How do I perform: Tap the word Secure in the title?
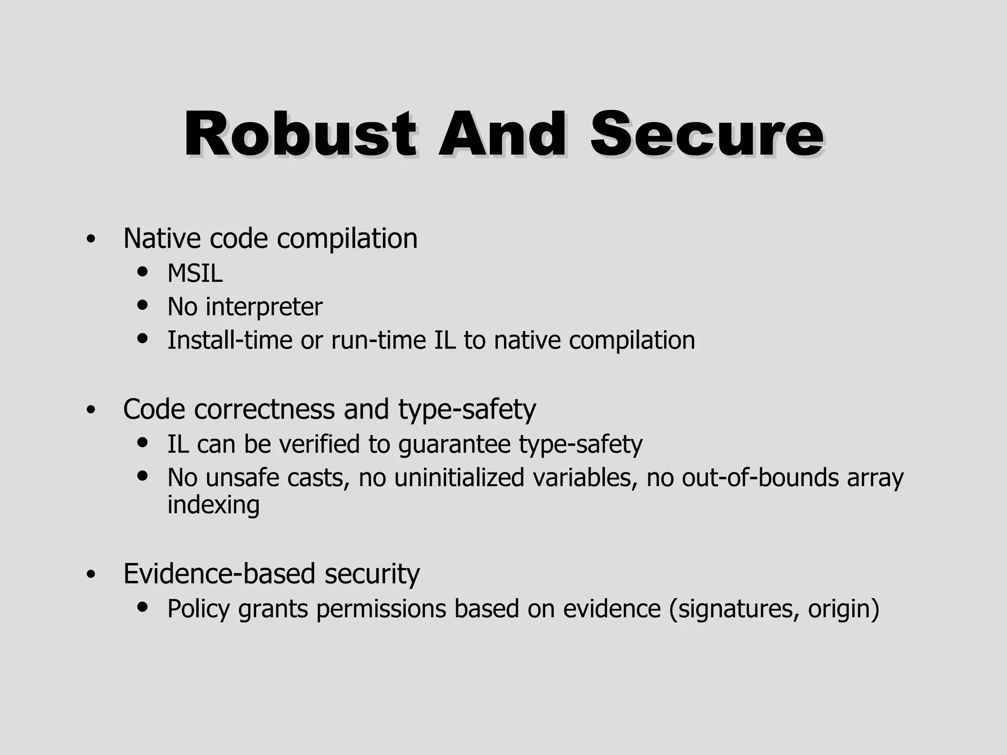coord(707,134)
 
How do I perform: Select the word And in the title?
coord(502,134)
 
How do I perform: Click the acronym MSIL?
coord(195,273)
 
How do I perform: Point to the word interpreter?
coord(264,307)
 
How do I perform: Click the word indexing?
coord(213,505)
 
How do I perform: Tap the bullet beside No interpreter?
coord(143,305)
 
